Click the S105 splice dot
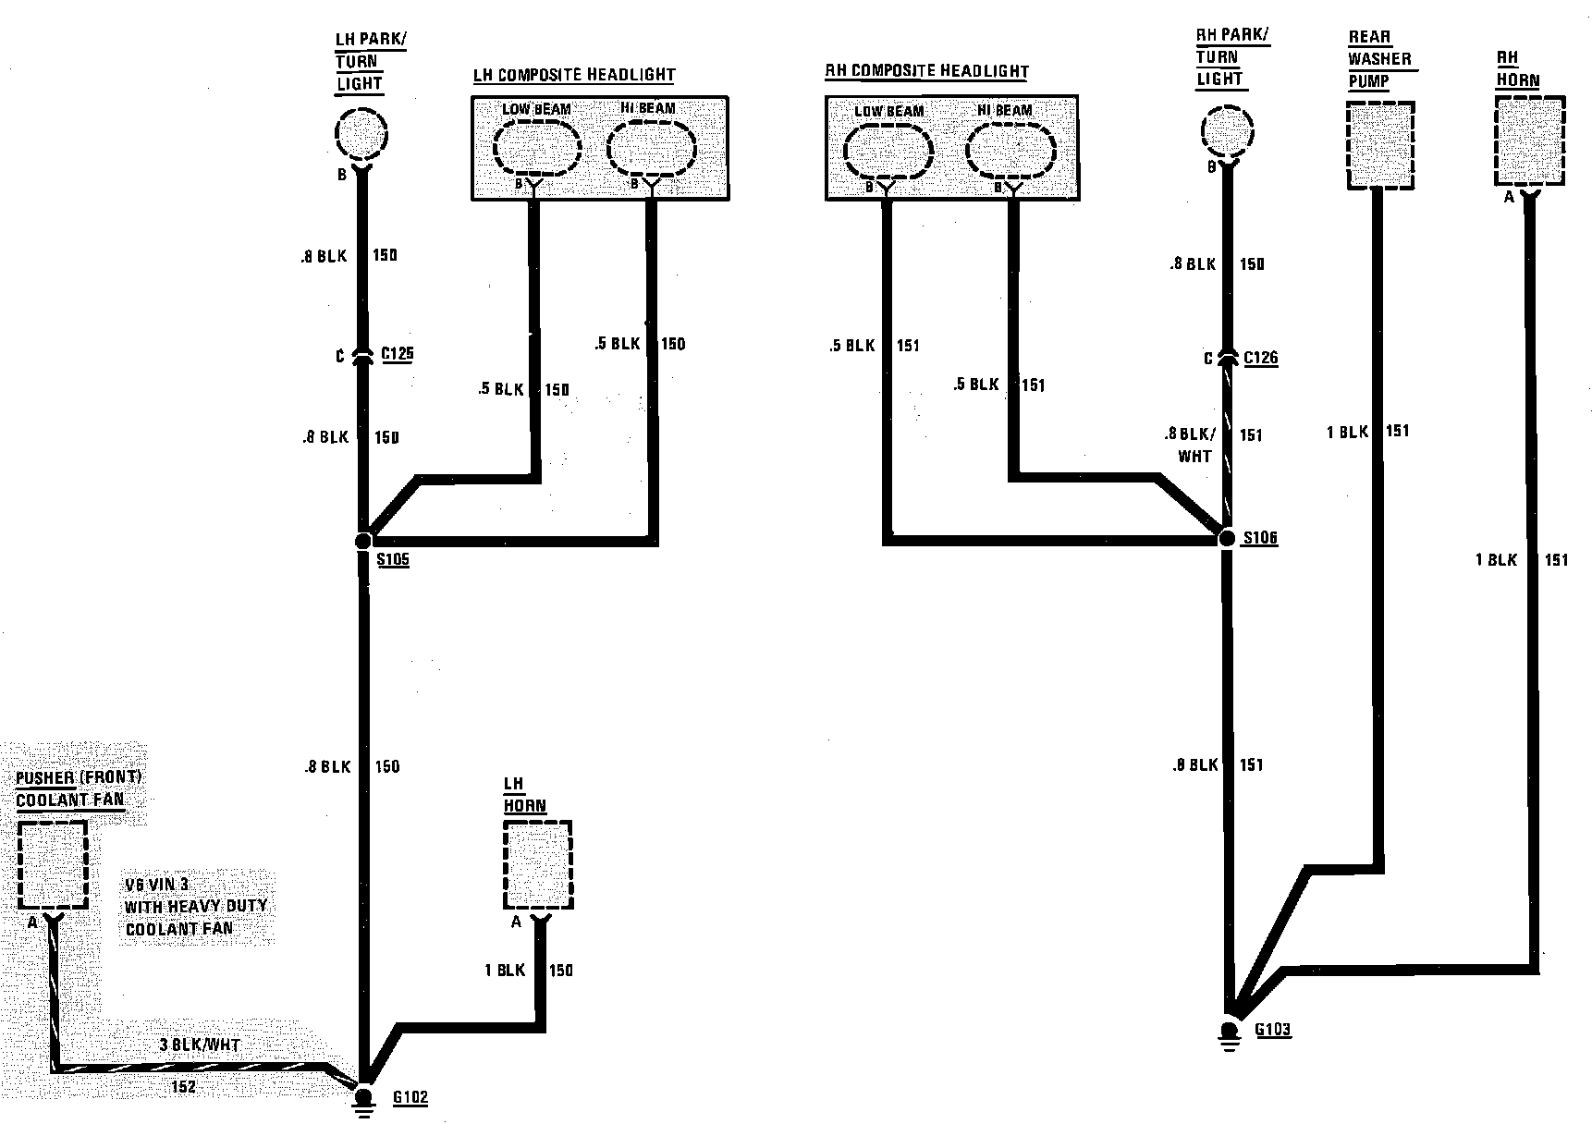pyautogui.click(x=363, y=541)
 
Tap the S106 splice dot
pyautogui.click(x=1228, y=538)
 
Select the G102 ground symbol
pyautogui.click(x=364, y=1097)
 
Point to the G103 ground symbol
pyautogui.click(x=1229, y=1031)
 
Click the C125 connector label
pyautogui.click(x=398, y=353)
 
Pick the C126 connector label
pyautogui.click(x=1261, y=358)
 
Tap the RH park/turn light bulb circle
pyautogui.click(x=1226, y=130)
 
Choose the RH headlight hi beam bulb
pyautogui.click(x=1010, y=149)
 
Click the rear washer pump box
pyautogui.click(x=1380, y=145)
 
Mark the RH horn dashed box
pyautogui.click(x=1530, y=141)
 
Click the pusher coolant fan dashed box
pyautogui.click(x=53, y=865)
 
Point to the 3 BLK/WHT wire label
pyautogui.click(x=200, y=1045)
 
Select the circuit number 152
pyautogui.click(x=184, y=1087)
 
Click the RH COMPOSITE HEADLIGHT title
pyautogui.click(x=926, y=71)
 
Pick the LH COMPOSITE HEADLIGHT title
pyautogui.click(x=574, y=75)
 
